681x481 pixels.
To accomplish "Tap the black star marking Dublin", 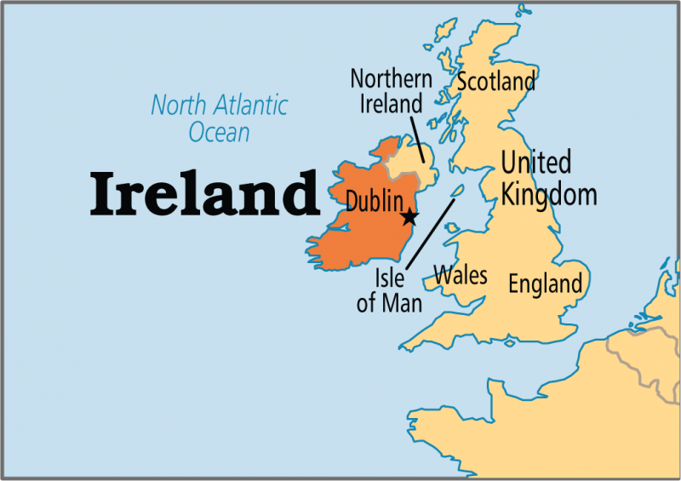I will (409, 216).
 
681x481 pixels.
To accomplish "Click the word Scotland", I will (496, 82).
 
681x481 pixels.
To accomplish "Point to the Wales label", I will (461, 275).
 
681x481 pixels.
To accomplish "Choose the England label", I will (545, 283).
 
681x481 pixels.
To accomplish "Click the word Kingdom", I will (548, 194).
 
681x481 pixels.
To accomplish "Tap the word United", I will (535, 162).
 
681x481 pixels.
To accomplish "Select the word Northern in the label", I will (391, 79).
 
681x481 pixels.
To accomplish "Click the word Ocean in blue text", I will (220, 132).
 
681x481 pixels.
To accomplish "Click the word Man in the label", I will (402, 302).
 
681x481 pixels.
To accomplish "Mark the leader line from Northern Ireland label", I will (417, 138).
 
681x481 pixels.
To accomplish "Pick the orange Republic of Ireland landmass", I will (358, 230).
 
